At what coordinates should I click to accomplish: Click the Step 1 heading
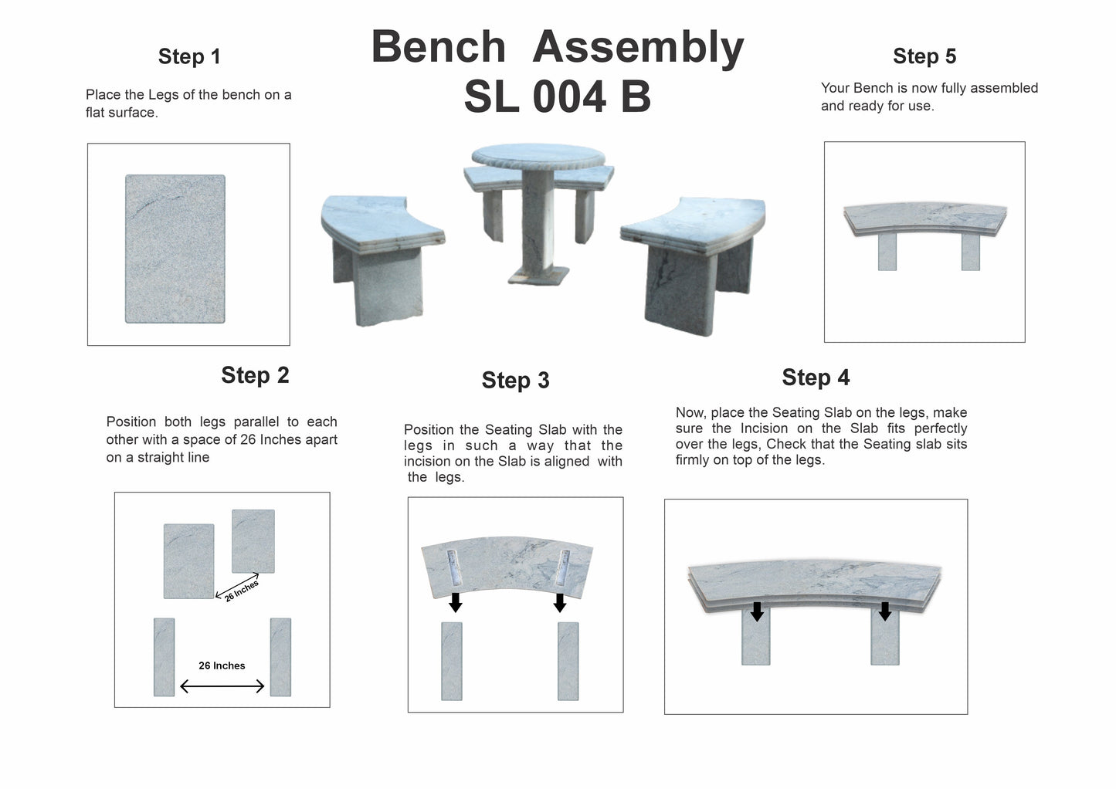pyautogui.click(x=189, y=56)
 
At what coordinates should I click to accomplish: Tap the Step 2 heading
pyautogui.click(x=255, y=375)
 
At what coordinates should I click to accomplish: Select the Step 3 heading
pyautogui.click(x=515, y=381)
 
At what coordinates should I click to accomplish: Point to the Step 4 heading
pyautogui.click(x=816, y=378)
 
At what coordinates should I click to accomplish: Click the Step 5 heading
pyautogui.click(x=924, y=56)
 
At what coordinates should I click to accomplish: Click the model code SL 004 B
pyautogui.click(x=557, y=97)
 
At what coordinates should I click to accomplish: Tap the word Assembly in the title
pyautogui.click(x=638, y=47)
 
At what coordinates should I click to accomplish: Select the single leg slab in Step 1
pyautogui.click(x=175, y=249)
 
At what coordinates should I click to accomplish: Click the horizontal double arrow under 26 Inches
pyautogui.click(x=222, y=686)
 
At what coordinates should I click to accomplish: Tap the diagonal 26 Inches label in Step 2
pyautogui.click(x=242, y=590)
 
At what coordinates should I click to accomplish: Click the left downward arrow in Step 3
pyautogui.click(x=456, y=602)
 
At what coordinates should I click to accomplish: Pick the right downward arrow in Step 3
pyautogui.click(x=560, y=602)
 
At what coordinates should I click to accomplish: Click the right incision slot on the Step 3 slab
pyautogui.click(x=563, y=567)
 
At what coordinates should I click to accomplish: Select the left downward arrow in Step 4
pyautogui.click(x=757, y=611)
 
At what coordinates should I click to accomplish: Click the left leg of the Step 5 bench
pyautogui.click(x=887, y=252)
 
